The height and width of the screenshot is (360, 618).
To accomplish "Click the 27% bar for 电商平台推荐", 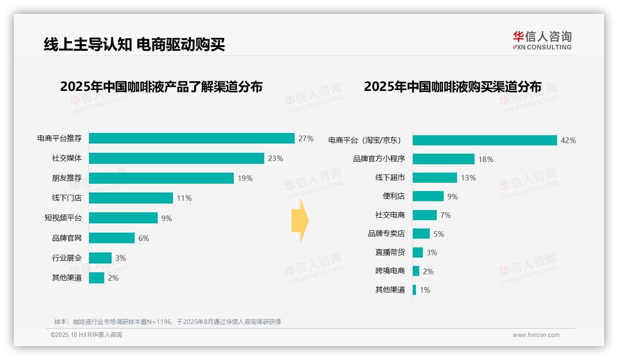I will point(191,138).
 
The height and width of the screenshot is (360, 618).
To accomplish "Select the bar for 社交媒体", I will point(176,158).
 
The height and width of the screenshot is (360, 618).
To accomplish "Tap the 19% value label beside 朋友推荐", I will point(245,178).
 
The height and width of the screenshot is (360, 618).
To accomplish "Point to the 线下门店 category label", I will point(67,198).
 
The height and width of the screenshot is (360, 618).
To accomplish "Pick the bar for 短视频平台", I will point(123,218).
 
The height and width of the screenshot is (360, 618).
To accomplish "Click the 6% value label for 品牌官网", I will point(143,238).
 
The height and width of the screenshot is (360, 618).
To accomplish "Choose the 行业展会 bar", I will point(100,258).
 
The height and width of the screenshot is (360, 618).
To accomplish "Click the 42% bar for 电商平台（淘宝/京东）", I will point(485,140).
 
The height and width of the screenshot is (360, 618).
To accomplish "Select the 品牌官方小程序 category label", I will point(379,159).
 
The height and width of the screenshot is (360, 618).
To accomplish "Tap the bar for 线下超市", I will point(434,178).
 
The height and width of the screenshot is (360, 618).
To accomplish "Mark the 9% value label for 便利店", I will point(452,197).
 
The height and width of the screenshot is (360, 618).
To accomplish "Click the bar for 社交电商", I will point(424,215).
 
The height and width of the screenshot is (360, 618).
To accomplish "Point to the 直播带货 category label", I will point(390,252).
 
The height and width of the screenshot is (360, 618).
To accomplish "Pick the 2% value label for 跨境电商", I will point(428,271).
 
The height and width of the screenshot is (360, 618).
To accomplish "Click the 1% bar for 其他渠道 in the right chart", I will point(414,290).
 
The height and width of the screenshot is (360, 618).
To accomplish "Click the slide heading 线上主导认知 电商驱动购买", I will point(134,44).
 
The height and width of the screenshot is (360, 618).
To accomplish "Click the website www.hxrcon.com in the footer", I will point(536,335).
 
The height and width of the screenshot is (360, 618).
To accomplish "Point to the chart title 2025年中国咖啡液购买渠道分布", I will point(452,87).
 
